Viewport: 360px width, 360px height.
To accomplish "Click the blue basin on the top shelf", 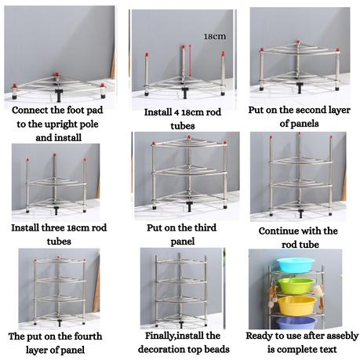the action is pos(296,264).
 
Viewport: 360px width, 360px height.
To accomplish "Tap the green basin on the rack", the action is pos(296,285).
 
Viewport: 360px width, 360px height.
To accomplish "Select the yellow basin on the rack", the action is pos(296,305).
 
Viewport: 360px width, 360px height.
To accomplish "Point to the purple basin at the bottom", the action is pos(296,323).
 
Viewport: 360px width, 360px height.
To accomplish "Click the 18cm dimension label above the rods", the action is pos(215,36).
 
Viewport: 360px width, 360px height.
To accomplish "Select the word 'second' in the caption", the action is pos(309,110).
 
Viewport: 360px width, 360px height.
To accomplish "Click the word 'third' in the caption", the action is pos(205,227).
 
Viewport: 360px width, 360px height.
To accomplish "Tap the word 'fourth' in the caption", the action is pos(88,336).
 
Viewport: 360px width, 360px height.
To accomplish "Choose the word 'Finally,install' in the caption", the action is pos(172,336).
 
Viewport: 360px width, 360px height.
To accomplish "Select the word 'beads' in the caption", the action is pos(217,349).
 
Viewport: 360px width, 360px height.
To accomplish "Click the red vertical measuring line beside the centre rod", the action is pos(190,62).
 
